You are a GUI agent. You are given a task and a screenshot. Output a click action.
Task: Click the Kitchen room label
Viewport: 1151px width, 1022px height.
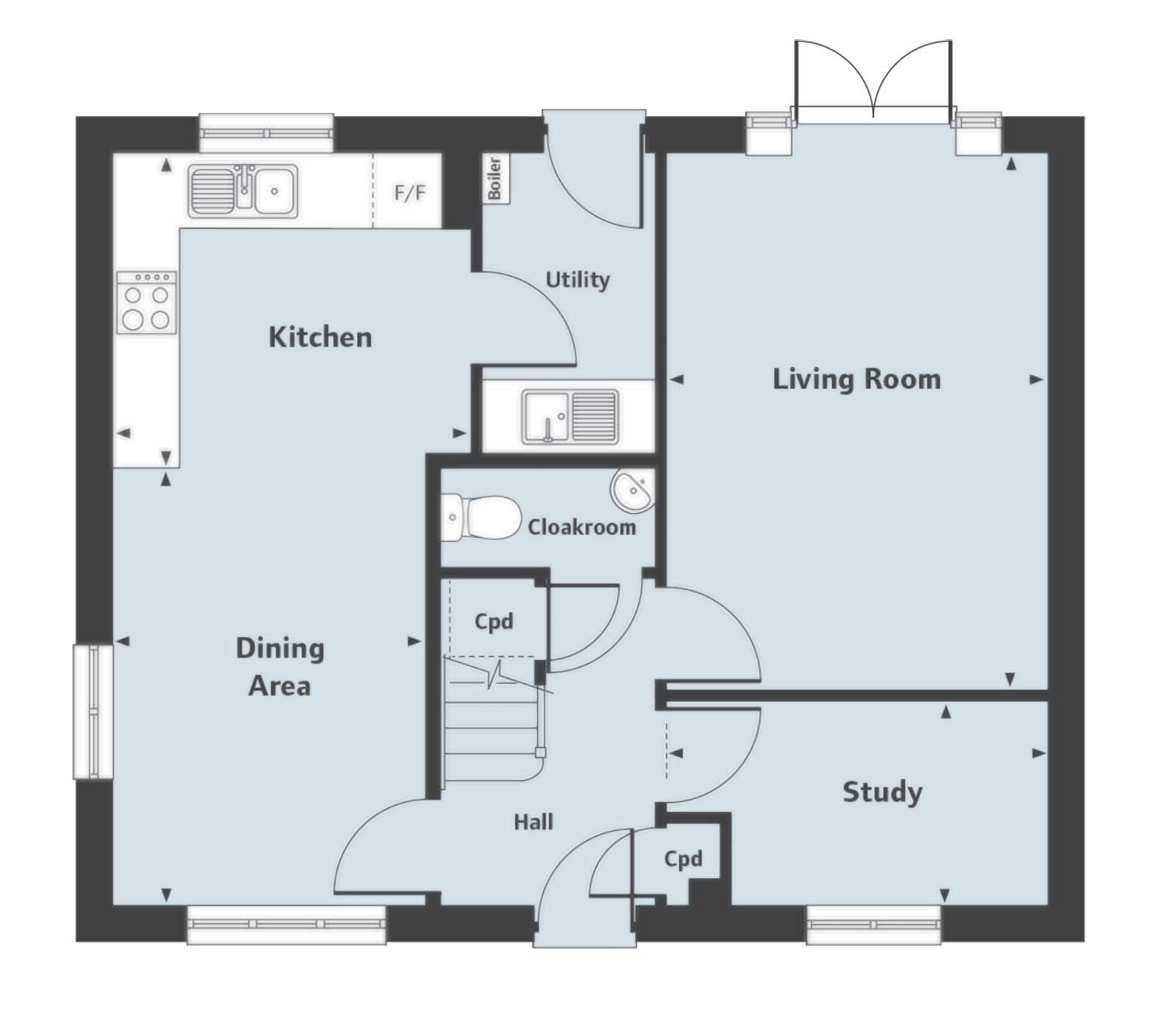(x=319, y=337)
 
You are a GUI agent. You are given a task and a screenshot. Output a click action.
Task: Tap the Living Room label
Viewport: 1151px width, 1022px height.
(x=856, y=379)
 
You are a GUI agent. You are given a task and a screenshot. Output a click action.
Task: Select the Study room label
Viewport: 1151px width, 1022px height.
(x=882, y=792)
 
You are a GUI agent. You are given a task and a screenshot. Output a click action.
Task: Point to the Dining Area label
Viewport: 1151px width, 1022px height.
(x=280, y=667)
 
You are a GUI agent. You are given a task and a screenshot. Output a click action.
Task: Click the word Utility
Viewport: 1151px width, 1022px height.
(x=577, y=280)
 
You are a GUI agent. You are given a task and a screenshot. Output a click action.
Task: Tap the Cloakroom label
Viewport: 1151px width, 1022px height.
(x=581, y=527)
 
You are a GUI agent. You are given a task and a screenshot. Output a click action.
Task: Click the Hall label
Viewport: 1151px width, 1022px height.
(x=533, y=821)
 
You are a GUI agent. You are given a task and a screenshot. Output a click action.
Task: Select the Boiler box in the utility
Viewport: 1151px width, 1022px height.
(x=494, y=178)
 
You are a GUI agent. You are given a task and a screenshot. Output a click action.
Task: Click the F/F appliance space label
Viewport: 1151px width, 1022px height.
(x=409, y=193)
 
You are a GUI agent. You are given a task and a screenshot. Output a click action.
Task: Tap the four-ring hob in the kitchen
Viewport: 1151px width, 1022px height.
(x=146, y=302)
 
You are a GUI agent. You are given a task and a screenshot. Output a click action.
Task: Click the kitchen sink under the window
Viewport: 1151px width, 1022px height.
(x=243, y=190)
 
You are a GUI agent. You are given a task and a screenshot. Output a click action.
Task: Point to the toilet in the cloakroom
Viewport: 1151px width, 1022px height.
(x=480, y=517)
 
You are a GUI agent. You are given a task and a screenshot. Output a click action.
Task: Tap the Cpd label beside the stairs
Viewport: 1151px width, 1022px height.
(x=494, y=621)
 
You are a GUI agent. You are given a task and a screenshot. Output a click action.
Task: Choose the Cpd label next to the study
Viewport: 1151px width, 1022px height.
(x=682, y=859)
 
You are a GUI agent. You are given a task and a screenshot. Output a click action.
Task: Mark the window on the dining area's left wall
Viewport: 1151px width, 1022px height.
(x=93, y=711)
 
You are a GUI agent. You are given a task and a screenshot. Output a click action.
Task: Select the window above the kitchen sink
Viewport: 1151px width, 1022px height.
(x=266, y=134)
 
